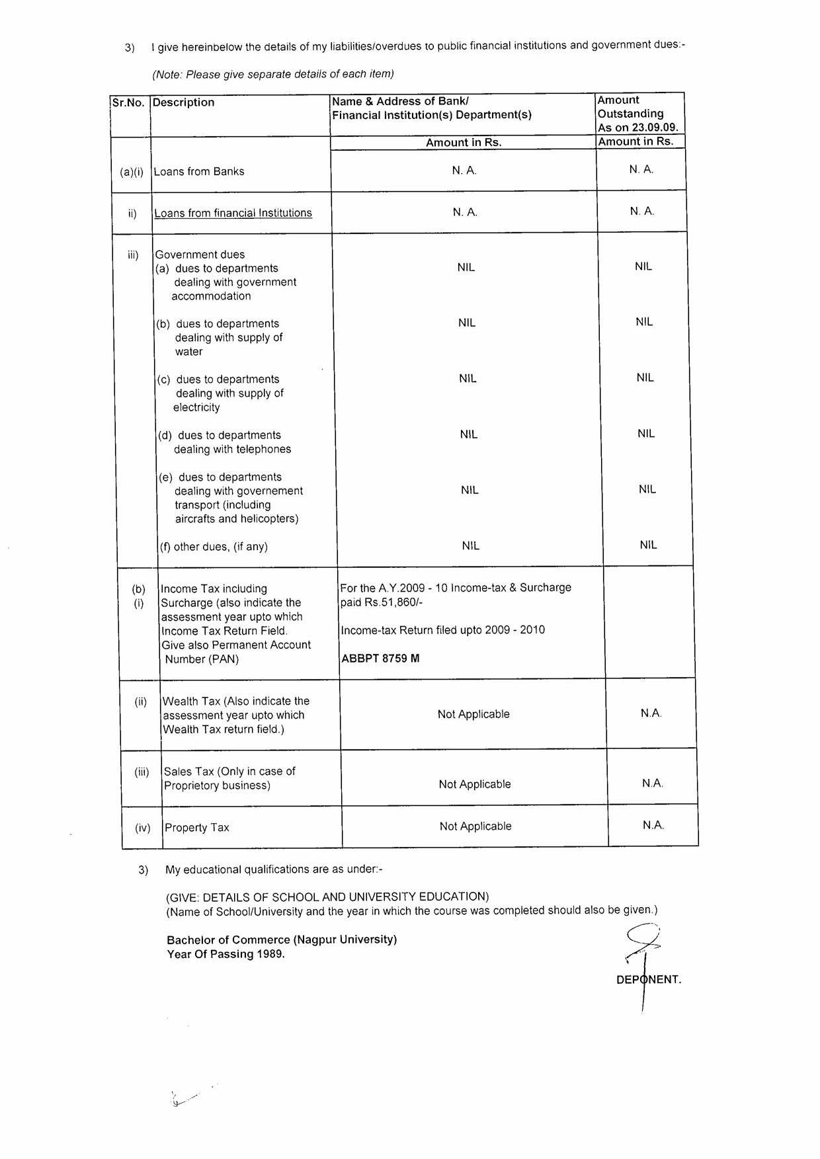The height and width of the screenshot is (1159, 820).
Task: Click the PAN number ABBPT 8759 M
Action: coord(380,659)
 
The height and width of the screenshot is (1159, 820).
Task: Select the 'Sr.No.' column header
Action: coord(128,102)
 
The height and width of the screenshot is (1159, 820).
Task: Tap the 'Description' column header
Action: coord(184,102)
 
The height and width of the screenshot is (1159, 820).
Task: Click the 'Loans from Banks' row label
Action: coord(199,171)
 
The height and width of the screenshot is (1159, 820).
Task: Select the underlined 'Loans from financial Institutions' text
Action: coord(233,213)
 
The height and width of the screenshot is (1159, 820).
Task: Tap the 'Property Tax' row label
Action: coord(197,828)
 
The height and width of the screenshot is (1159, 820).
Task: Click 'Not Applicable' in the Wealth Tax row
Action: coord(473,714)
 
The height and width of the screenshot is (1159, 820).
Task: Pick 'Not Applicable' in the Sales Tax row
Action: coord(475,784)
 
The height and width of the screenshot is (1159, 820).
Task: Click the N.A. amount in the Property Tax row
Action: coord(653,825)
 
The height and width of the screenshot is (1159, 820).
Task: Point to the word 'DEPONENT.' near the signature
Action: coord(649,980)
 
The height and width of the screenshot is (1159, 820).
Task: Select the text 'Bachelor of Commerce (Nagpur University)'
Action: coord(282,939)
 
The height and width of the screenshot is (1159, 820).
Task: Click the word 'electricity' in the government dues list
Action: coord(196,407)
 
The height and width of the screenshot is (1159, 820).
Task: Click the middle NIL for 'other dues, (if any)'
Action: coord(471,545)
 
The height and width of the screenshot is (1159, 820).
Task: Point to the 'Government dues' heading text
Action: coord(200,255)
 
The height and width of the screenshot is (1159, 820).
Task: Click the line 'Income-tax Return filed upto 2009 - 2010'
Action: coord(442,630)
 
